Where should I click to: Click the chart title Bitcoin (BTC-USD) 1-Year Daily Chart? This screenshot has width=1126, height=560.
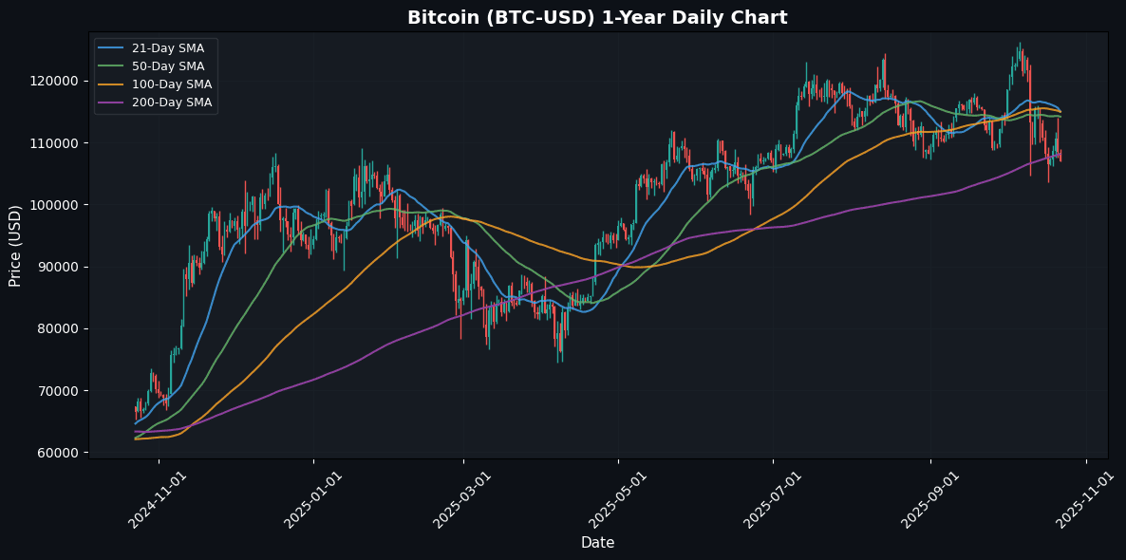[597, 18]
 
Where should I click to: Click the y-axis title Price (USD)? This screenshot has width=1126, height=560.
[15, 245]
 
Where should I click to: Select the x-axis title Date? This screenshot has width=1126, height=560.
[597, 543]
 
